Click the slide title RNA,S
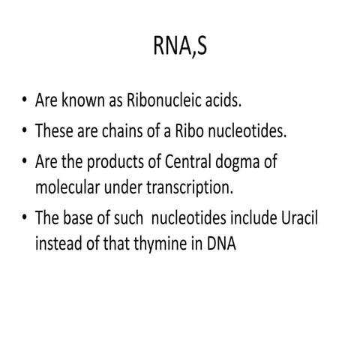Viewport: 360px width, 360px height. (x=180, y=49)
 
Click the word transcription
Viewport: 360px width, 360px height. (x=203, y=183)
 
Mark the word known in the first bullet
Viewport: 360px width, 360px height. (x=81, y=100)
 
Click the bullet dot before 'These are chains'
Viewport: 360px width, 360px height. (x=25, y=131)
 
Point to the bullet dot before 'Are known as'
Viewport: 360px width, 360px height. (x=25, y=100)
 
